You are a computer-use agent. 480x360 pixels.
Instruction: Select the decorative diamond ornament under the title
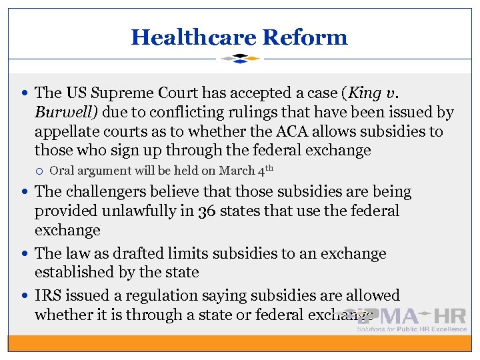pyautogui.click(x=240, y=59)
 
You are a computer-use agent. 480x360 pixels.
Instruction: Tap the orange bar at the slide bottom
pyautogui.click(x=240, y=343)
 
